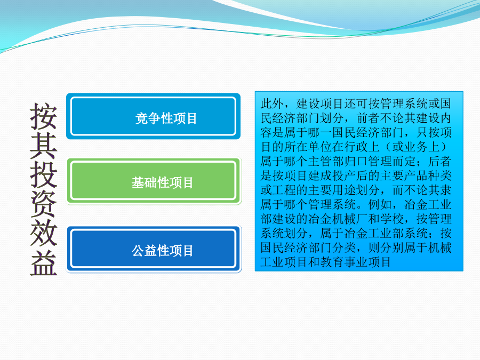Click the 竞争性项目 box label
[166, 118]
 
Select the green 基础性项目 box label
[162, 183]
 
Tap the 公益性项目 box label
[162, 251]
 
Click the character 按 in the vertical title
[44, 116]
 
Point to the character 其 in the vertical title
[44, 146]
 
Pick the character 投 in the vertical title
[44, 175]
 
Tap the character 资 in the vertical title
[44, 204]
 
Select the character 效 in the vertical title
[44, 233]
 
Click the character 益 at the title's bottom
[44, 262]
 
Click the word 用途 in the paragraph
[345, 190]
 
